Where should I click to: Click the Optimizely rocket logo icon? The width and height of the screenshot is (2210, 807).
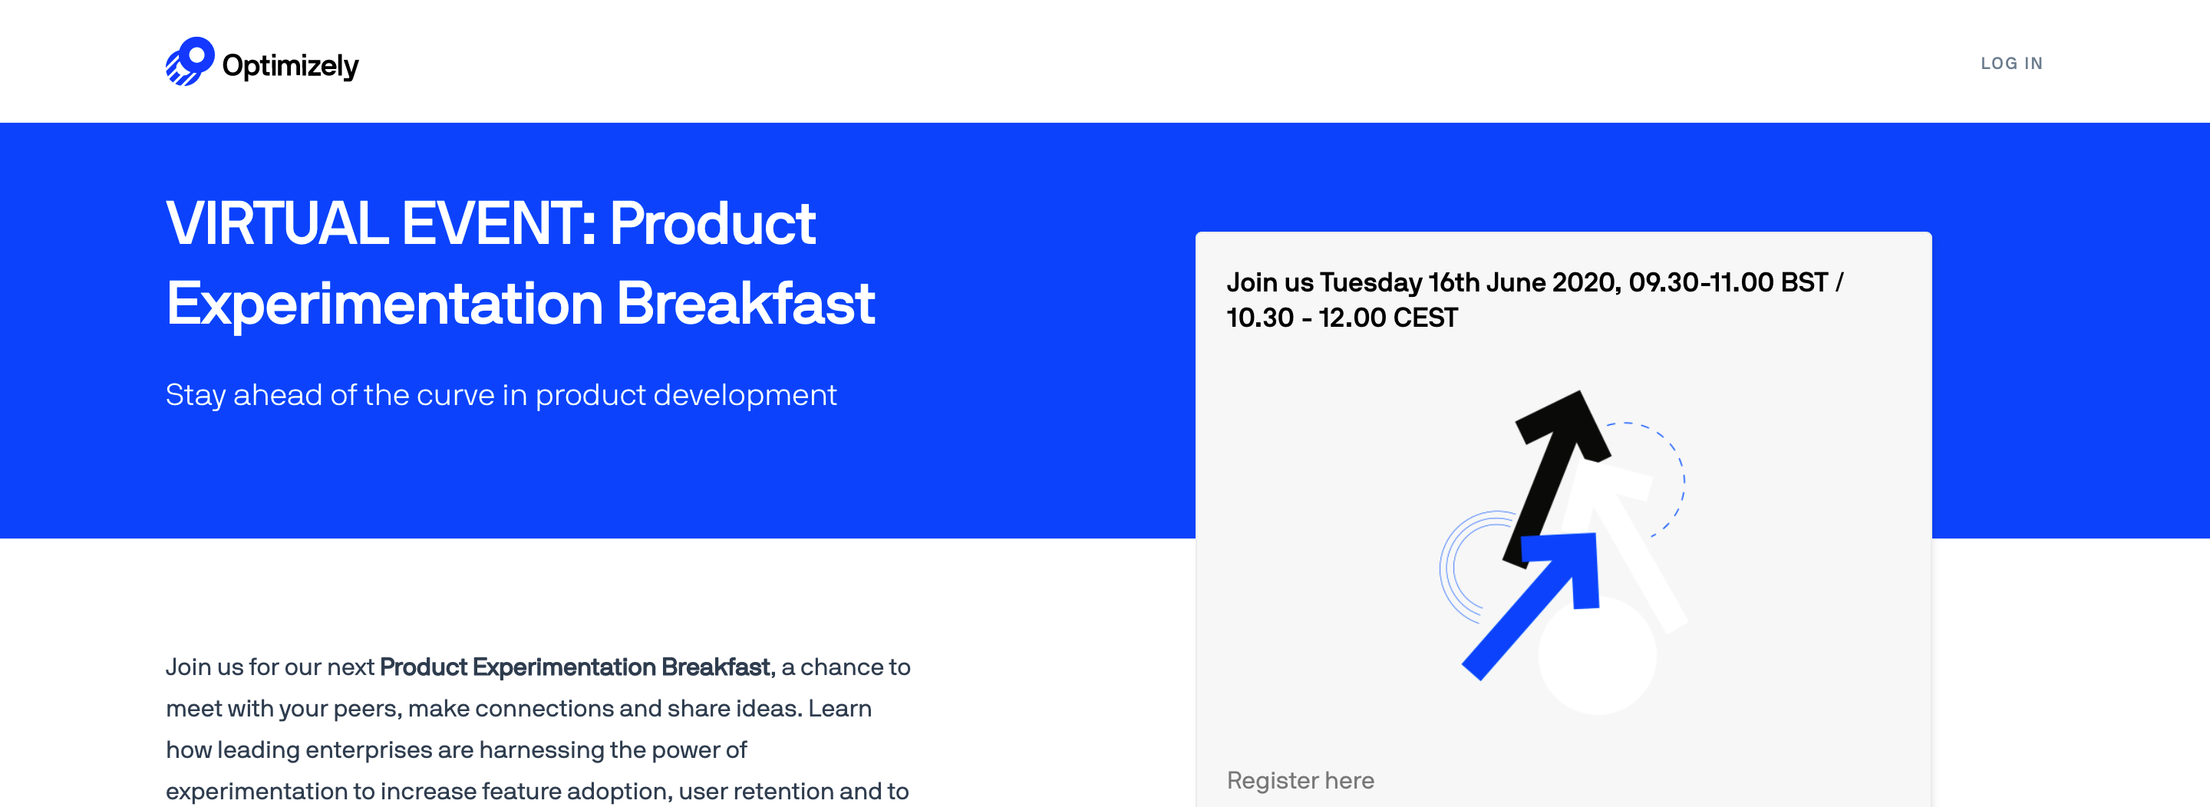pyautogui.click(x=190, y=61)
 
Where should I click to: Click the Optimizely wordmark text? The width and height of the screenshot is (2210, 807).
pyautogui.click(x=290, y=66)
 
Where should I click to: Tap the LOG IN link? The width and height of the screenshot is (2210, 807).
pyautogui.click(x=2011, y=64)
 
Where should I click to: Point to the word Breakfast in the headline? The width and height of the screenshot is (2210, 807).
pyautogui.click(x=746, y=303)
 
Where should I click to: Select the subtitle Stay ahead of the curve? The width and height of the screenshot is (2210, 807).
pyautogui.click(x=501, y=394)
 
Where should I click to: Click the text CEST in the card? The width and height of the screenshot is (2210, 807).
pyautogui.click(x=1425, y=318)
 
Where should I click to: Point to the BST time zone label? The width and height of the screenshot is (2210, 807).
pyautogui.click(x=1804, y=282)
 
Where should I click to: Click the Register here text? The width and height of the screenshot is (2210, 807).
pyautogui.click(x=1300, y=780)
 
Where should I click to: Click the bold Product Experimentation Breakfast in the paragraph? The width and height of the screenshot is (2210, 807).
pyautogui.click(x=577, y=667)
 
